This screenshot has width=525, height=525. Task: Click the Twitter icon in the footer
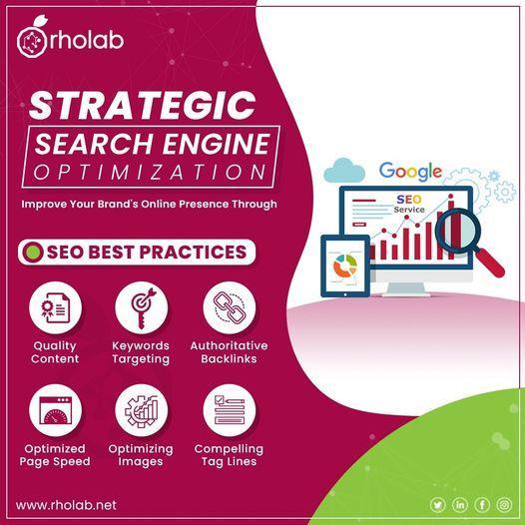pos(437,505)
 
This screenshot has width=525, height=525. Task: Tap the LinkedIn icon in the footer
pos(460,505)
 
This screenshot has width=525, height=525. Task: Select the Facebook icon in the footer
pos(482,505)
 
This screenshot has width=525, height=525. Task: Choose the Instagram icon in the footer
pos(504,505)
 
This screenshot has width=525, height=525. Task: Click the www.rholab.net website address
pos(66,505)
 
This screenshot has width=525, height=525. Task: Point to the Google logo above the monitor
pos(410,172)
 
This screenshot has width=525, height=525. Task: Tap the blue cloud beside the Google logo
pos(344,170)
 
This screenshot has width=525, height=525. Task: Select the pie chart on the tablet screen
pos(345,265)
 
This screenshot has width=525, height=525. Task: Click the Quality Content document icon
pos(55,307)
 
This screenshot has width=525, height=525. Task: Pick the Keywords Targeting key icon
pos(143,307)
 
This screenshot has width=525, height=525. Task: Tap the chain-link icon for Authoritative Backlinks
pos(230,307)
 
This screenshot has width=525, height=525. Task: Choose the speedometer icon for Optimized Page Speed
pos(55,410)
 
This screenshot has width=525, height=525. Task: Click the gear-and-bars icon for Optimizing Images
pos(142,410)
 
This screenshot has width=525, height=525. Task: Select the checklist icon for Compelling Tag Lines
pos(230,410)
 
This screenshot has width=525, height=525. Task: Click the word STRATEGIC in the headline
pos(143,106)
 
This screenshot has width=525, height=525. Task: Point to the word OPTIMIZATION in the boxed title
pos(150,172)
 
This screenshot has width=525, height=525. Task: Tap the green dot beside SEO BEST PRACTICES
pos(33,253)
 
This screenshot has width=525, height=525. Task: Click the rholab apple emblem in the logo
pos(32,39)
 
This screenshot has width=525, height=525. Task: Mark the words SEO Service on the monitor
pos(409,204)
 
